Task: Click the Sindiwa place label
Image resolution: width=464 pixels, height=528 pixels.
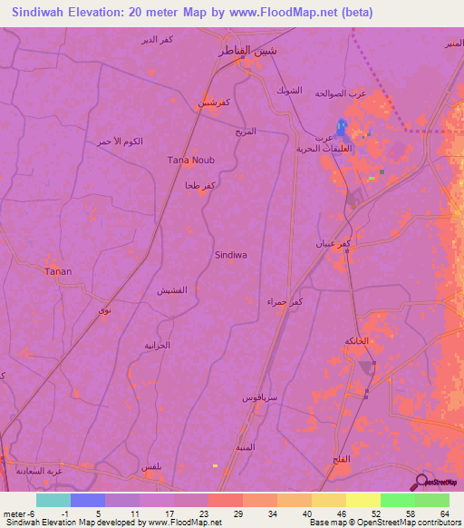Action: pos(231,256)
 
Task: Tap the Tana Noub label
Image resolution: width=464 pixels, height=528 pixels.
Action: pos(191,161)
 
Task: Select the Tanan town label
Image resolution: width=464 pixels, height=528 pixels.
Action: pos(59,271)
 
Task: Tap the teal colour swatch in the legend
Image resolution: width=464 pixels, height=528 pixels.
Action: pos(53,500)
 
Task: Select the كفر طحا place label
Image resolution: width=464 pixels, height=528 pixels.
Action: pos(199,185)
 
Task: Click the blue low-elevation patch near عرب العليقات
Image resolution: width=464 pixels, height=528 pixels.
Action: pos(341,129)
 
